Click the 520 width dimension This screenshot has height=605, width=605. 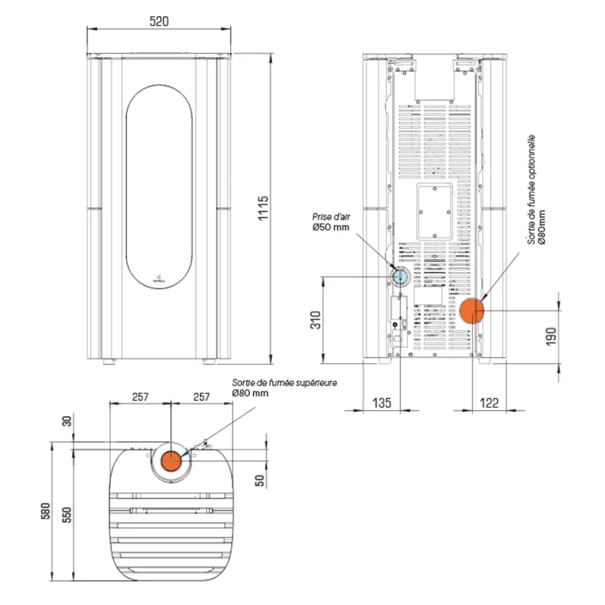(159, 22)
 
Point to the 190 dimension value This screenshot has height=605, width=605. (551, 334)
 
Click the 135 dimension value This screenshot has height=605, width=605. (381, 403)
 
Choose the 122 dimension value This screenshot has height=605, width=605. (489, 403)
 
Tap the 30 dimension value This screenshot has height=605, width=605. (66, 421)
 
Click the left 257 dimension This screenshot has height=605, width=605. (140, 397)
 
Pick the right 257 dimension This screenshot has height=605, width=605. (202, 397)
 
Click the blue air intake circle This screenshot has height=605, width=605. (401, 276)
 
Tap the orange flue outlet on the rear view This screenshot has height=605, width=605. (473, 310)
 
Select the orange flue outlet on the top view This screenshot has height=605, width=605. (171, 461)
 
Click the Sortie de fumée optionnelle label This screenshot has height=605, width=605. (532, 192)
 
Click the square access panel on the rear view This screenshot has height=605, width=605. (434, 212)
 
